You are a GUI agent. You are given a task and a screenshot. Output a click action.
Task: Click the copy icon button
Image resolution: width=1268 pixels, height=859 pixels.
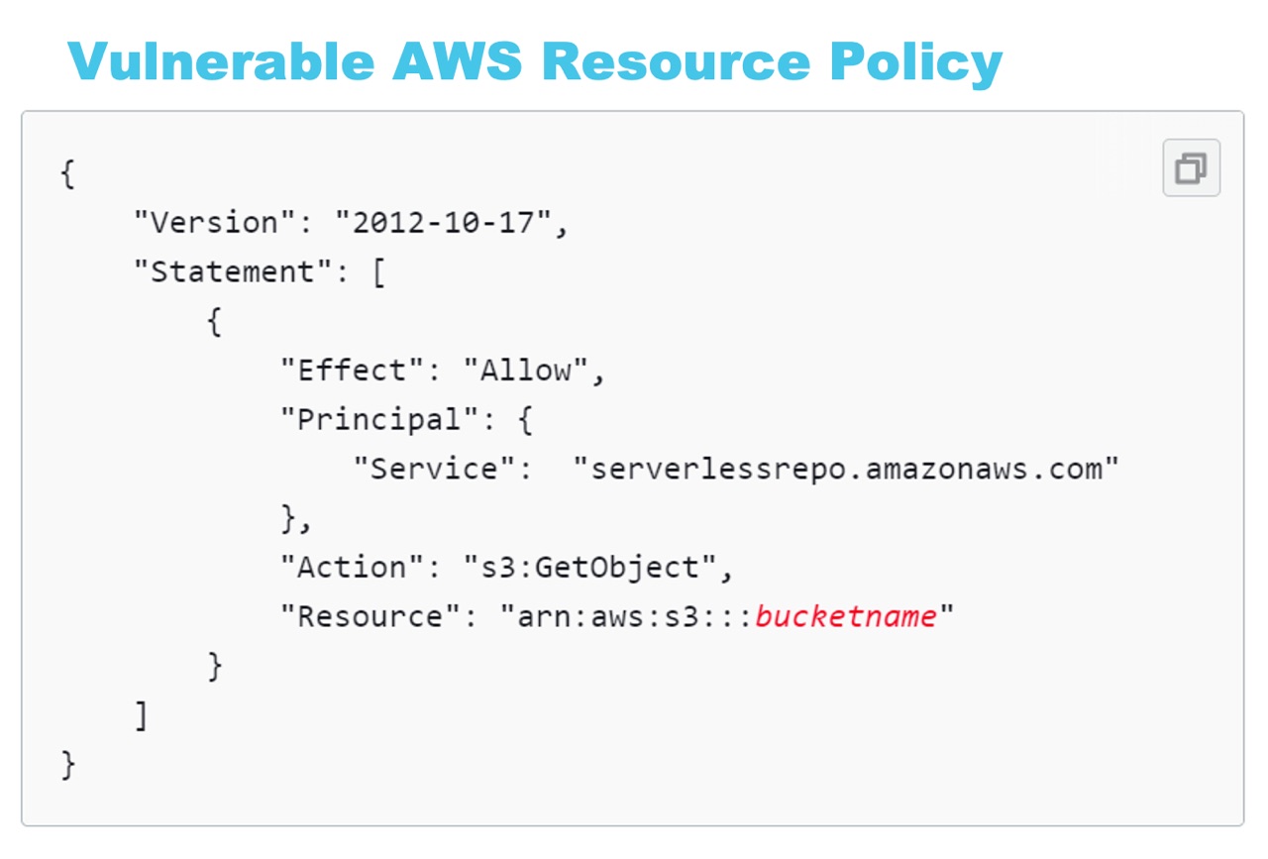[1191, 167]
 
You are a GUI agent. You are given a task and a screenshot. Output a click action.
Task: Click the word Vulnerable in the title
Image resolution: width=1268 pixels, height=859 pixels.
[221, 61]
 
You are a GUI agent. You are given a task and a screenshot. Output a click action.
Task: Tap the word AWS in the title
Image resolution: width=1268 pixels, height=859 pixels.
[458, 61]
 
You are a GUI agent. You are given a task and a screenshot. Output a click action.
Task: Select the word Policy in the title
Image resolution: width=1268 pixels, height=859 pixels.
[916, 64]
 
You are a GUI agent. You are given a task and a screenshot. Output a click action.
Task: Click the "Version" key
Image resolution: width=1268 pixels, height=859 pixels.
[215, 222]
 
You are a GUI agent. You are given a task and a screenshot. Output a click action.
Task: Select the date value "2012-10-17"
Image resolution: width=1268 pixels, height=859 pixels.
[443, 222]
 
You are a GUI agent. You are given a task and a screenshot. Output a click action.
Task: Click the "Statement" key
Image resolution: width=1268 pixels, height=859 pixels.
[233, 271]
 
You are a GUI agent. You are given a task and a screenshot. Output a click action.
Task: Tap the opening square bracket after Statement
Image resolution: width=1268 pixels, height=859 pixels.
[379, 272]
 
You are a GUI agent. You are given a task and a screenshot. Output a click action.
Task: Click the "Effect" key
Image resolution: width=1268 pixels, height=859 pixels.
[352, 371]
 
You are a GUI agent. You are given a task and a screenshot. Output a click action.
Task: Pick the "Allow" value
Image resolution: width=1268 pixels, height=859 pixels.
[526, 371]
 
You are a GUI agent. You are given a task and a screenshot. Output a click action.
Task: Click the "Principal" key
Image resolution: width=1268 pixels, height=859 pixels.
[379, 420]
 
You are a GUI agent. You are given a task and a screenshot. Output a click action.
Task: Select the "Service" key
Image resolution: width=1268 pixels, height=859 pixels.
[434, 469]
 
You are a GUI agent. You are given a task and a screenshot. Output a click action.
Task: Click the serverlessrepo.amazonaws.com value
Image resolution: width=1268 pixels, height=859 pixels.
[846, 469]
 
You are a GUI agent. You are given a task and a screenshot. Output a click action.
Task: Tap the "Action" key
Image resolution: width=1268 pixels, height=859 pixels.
[352, 568]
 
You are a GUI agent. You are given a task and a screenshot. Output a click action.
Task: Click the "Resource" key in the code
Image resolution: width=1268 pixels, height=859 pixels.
[370, 616]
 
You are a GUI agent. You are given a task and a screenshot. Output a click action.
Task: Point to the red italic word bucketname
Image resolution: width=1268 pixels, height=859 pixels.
[846, 616]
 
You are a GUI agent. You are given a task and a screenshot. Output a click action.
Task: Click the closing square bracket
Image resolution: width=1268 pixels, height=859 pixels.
[142, 716]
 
